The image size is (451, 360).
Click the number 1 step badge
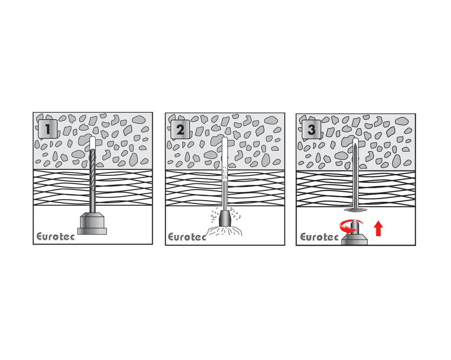(x=48, y=129)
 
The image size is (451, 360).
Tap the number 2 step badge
(x=180, y=130)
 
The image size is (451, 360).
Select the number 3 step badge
(x=312, y=130)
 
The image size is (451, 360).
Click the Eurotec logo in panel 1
(x=55, y=237)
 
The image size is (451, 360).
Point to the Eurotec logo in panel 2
(x=187, y=237)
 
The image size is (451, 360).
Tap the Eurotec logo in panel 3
(x=319, y=237)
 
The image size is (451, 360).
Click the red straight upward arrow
(x=378, y=229)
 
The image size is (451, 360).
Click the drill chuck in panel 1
(x=92, y=223)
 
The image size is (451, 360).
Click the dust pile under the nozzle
(x=225, y=231)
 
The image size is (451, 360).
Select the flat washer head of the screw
(x=356, y=209)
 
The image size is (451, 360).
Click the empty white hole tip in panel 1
(x=93, y=143)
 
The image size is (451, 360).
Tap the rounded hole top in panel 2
(x=225, y=139)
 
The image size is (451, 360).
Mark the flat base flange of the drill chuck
(x=92, y=231)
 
